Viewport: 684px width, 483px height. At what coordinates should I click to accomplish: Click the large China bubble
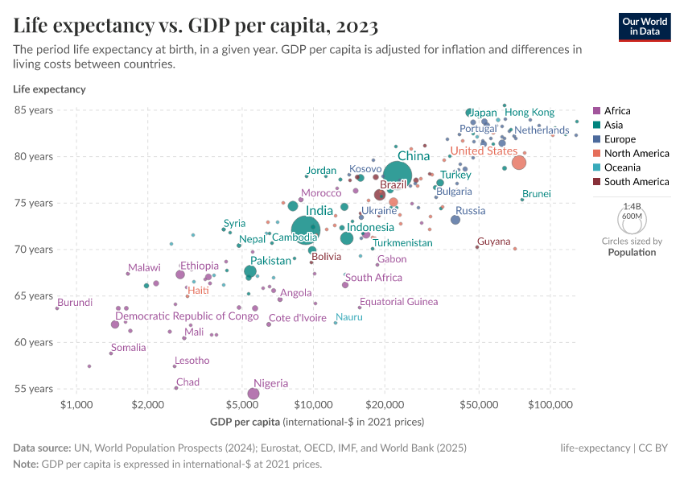[x=398, y=175]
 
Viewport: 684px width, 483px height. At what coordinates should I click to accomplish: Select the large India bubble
[x=306, y=230]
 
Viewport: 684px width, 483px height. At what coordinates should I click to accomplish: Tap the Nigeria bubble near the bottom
[x=253, y=394]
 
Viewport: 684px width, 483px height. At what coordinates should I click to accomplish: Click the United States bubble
[x=519, y=163]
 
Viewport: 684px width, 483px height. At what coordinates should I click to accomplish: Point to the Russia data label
[x=471, y=211]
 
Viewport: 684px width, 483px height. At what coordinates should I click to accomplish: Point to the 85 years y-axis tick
[x=33, y=110]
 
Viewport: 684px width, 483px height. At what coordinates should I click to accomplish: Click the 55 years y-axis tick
[x=33, y=389]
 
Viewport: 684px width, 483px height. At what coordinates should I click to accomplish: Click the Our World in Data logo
[x=645, y=26]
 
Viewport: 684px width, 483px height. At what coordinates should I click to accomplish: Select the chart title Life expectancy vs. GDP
[x=196, y=26]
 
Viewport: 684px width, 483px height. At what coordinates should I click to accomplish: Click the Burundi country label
[x=75, y=303]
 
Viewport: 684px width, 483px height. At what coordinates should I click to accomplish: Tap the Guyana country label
[x=493, y=242]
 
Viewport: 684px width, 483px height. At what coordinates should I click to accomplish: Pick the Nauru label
[x=349, y=317]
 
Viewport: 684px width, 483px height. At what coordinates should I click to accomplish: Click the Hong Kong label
[x=529, y=113]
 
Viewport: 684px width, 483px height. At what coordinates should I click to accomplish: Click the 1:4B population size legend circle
[x=632, y=217]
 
